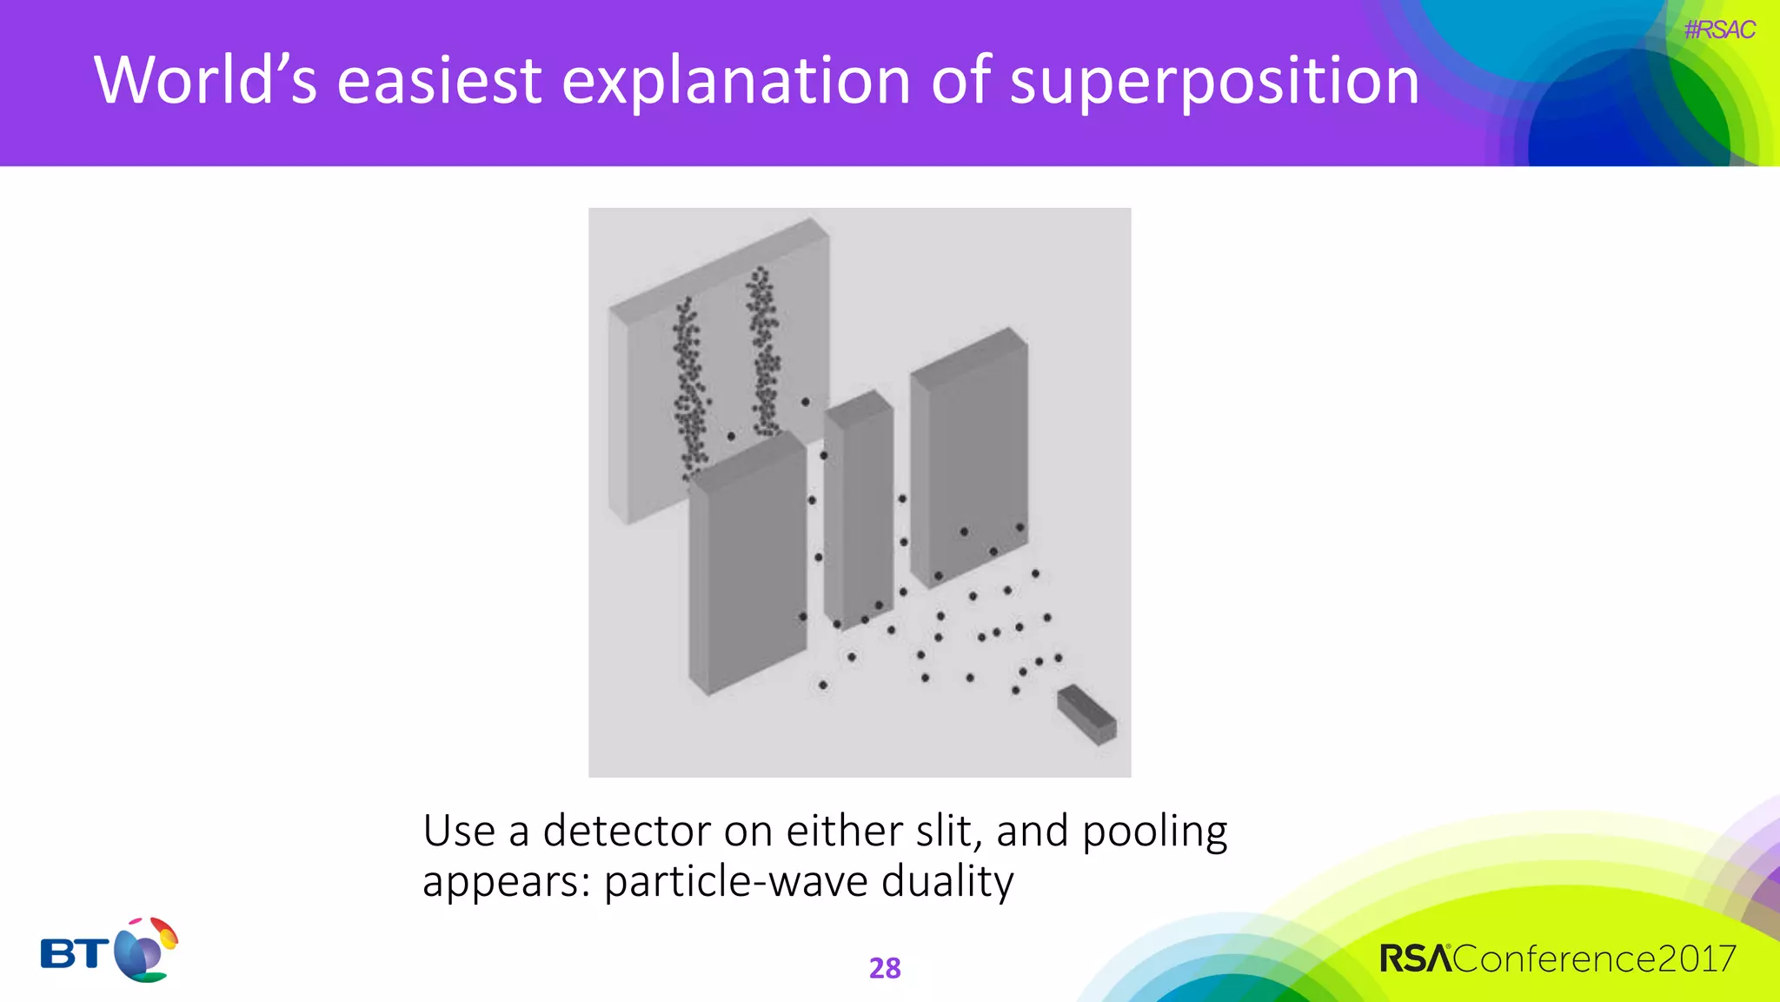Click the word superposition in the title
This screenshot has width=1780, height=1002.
(1214, 81)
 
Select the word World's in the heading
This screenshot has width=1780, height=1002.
(205, 81)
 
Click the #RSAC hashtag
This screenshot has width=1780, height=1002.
(1718, 30)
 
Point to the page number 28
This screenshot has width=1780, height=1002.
(885, 968)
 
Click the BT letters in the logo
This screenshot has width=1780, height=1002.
(75, 954)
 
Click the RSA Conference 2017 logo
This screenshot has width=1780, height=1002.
(1557, 959)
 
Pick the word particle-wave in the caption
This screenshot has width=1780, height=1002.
(735, 882)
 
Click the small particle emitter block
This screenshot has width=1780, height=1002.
(1086, 714)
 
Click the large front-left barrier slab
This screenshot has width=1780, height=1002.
(747, 565)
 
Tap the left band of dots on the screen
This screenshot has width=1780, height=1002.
(690, 387)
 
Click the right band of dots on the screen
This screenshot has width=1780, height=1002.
(764, 352)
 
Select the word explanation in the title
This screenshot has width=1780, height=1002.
(736, 81)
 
